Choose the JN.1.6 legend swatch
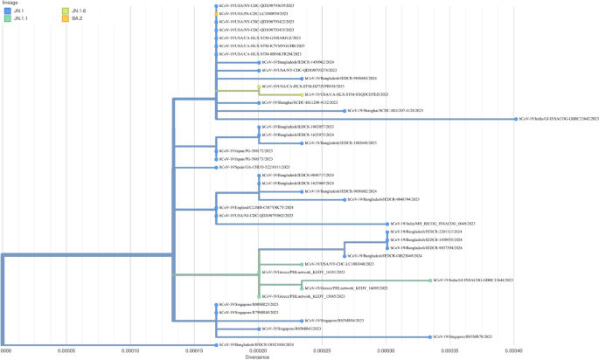pos(63,10)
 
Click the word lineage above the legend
pos(10,3)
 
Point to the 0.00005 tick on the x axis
pos(66,350)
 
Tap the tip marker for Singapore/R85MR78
pos(430,336)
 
